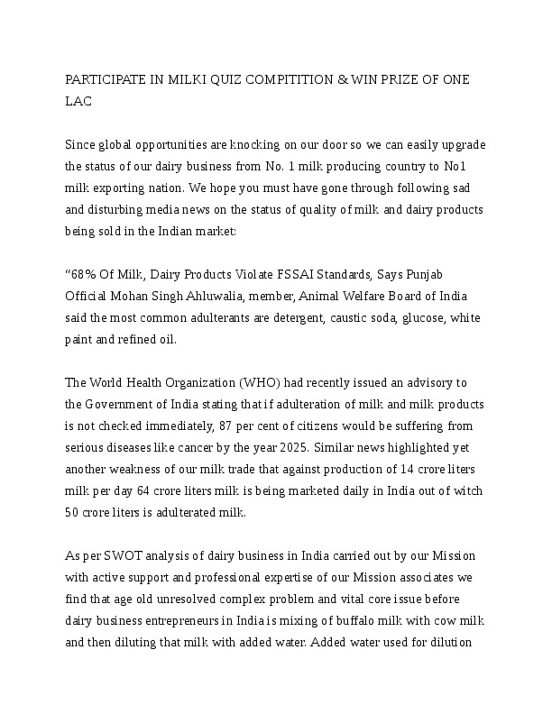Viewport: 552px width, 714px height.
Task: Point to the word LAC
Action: point(78,102)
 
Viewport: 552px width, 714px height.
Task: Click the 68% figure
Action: point(86,273)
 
